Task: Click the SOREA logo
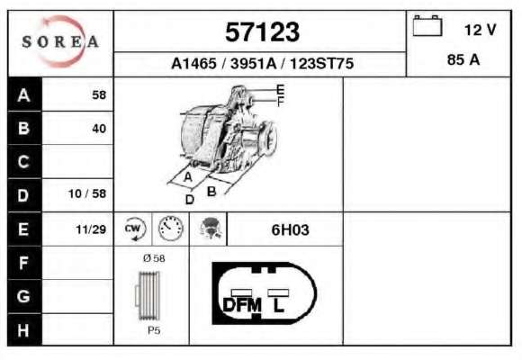(60, 41)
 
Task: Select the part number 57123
(262, 32)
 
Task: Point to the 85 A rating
(463, 60)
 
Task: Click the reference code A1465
(193, 63)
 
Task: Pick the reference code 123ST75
(321, 63)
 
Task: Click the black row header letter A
(23, 95)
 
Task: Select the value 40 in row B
(99, 129)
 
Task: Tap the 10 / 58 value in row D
(87, 193)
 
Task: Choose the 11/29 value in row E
(91, 229)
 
